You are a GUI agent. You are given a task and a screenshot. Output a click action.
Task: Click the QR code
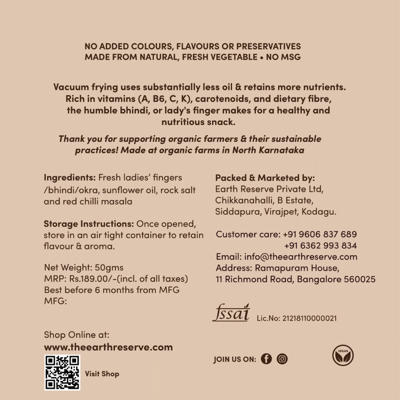(x=62, y=372)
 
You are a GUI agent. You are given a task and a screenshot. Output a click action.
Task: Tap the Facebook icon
(x=266, y=359)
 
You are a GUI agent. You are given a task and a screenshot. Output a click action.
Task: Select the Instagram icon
(x=282, y=359)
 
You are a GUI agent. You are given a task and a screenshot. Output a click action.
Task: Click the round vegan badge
(x=343, y=355)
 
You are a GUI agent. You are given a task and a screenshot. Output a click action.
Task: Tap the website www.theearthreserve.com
(x=108, y=347)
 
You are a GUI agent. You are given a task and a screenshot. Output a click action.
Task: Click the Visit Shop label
(x=102, y=374)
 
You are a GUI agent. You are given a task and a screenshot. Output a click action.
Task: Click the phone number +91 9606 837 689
(x=320, y=234)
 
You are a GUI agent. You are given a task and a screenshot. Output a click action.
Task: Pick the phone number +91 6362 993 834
(x=320, y=246)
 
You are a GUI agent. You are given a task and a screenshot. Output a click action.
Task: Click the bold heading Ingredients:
(x=70, y=177)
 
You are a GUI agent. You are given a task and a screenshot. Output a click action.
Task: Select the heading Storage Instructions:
(x=89, y=224)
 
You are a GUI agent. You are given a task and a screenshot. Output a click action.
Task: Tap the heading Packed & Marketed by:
(x=265, y=178)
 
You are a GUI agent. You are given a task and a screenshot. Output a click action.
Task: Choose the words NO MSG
(x=283, y=57)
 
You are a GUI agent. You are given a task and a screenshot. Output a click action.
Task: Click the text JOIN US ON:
(x=235, y=359)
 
